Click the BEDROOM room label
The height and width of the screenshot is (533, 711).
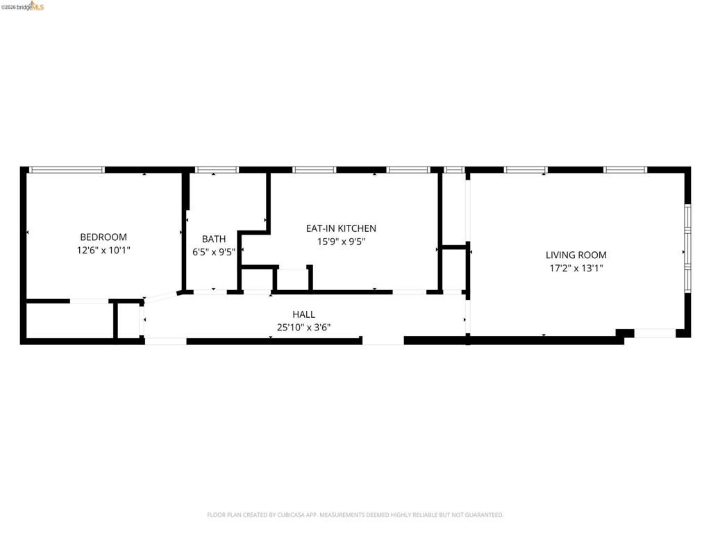click(103, 237)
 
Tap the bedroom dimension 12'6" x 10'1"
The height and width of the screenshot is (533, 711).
click(103, 251)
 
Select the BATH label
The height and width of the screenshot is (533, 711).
click(214, 239)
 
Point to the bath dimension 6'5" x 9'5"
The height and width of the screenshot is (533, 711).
click(214, 252)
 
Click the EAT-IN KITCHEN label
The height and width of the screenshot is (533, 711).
click(341, 228)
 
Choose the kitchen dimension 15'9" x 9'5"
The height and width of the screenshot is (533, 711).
click(341, 242)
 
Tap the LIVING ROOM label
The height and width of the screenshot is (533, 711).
click(576, 255)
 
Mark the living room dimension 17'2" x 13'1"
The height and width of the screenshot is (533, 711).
click(576, 268)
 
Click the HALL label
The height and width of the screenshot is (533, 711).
click(303, 314)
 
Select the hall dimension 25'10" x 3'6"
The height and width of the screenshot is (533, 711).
click(303, 327)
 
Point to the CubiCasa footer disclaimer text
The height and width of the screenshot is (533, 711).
click(355, 515)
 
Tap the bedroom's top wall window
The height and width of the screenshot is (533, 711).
click(67, 169)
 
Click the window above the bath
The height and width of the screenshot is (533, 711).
click(217, 169)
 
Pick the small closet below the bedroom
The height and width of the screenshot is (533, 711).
click(69, 321)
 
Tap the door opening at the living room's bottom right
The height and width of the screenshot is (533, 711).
click(655, 334)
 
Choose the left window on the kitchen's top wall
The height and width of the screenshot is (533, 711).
click(314, 169)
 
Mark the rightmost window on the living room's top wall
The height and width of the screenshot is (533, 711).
click(625, 169)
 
